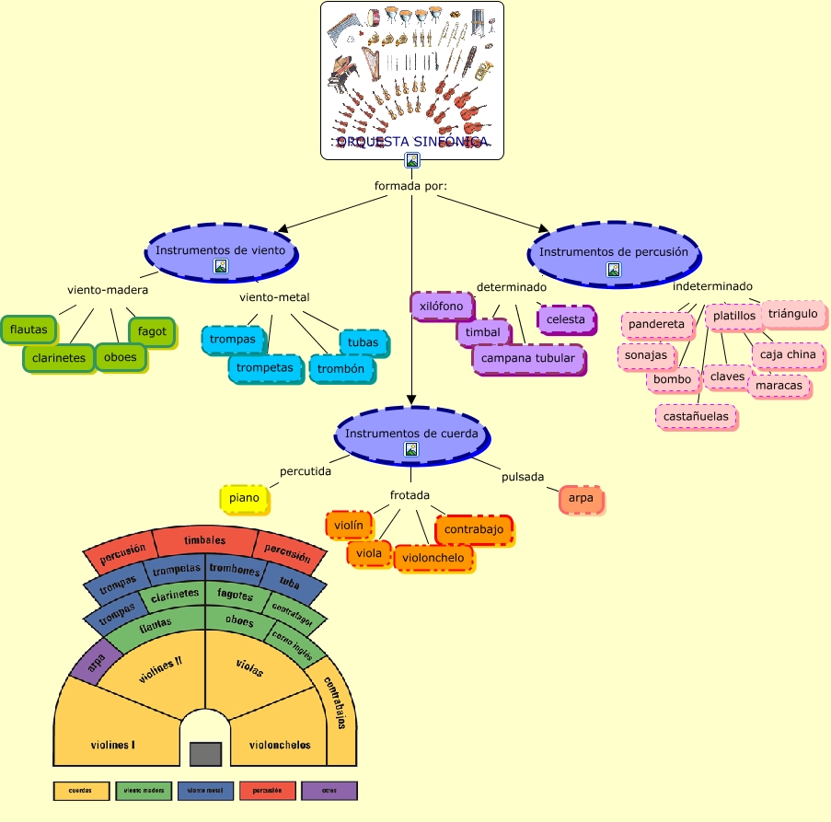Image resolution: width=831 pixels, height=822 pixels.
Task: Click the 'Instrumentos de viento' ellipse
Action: point(225,250)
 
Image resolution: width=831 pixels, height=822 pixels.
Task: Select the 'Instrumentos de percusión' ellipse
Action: point(613,252)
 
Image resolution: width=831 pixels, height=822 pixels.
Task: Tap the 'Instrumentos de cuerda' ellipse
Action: point(410,434)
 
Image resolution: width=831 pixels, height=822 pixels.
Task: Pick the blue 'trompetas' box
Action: point(265,368)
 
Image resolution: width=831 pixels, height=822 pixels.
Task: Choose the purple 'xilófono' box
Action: point(442,306)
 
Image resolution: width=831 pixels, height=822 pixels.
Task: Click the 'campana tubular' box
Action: point(528,358)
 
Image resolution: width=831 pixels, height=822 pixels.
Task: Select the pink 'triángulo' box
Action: point(792,314)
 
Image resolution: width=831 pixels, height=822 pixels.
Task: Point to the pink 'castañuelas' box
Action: point(697,416)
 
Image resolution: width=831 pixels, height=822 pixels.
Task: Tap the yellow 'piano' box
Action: point(245,498)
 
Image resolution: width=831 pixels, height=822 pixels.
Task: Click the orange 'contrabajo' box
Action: point(473,530)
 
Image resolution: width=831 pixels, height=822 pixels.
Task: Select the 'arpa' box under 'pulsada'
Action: point(581,498)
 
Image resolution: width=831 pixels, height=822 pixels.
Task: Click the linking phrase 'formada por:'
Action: point(410,187)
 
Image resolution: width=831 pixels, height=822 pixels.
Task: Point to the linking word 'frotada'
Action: point(410,495)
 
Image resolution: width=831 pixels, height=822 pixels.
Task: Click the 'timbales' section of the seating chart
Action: point(204,541)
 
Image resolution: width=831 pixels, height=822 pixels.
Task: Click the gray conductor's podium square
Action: point(205,754)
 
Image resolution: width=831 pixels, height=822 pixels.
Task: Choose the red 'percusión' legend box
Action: point(267,790)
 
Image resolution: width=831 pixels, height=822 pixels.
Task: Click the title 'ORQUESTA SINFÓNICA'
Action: point(411,142)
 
